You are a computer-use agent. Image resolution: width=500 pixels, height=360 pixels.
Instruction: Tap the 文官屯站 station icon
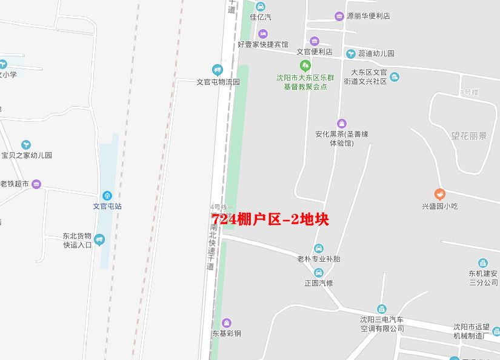coord(107,195)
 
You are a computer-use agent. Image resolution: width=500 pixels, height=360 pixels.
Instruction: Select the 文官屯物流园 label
coord(218,82)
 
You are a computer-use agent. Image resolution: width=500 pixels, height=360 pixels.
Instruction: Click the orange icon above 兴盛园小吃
coord(440,195)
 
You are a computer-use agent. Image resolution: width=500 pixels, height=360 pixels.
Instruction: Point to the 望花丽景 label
coord(469,136)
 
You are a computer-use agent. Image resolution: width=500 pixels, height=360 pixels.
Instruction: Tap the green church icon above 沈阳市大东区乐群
coord(305,65)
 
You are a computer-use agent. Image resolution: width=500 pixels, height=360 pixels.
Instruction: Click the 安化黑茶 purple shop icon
coord(341,124)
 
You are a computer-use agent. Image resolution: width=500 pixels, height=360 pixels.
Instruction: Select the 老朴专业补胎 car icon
coord(319,248)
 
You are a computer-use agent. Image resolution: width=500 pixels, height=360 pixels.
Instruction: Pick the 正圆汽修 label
coord(319,283)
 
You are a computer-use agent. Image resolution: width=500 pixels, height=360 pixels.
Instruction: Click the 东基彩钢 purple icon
coord(227,322)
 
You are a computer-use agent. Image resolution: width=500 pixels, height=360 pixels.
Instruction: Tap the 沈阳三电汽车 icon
coord(381,309)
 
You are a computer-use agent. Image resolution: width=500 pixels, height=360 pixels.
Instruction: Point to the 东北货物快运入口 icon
coord(99,240)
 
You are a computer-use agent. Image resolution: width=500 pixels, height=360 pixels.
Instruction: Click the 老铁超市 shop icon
coord(36,184)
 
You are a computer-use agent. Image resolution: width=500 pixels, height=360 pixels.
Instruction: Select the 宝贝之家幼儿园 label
coord(27,155)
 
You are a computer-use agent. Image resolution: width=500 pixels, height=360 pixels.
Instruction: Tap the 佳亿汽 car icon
coord(261,7)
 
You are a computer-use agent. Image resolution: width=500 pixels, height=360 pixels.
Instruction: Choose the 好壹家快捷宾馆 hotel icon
coord(262,33)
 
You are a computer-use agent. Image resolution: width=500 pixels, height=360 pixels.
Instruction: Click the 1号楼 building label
coord(469,92)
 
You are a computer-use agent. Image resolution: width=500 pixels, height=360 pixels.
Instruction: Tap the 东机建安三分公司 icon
coord(483,263)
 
